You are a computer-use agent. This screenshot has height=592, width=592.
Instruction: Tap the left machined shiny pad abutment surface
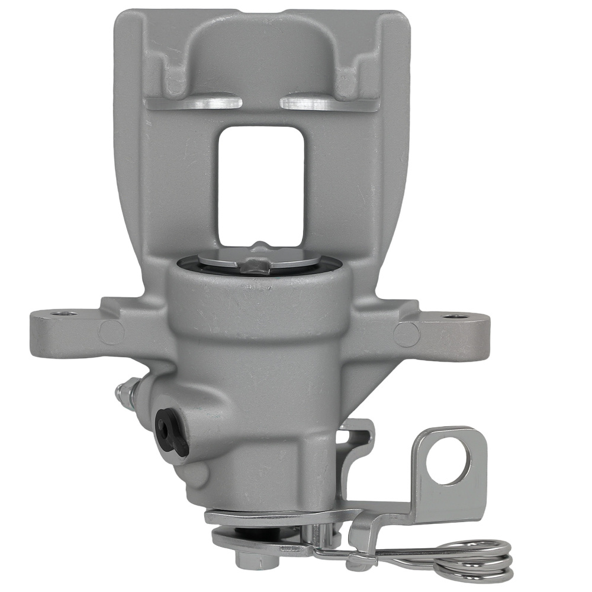click(x=195, y=103)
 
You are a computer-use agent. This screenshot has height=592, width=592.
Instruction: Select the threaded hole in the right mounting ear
click(x=453, y=316)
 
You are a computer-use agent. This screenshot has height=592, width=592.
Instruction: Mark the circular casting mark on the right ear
click(x=407, y=334)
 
